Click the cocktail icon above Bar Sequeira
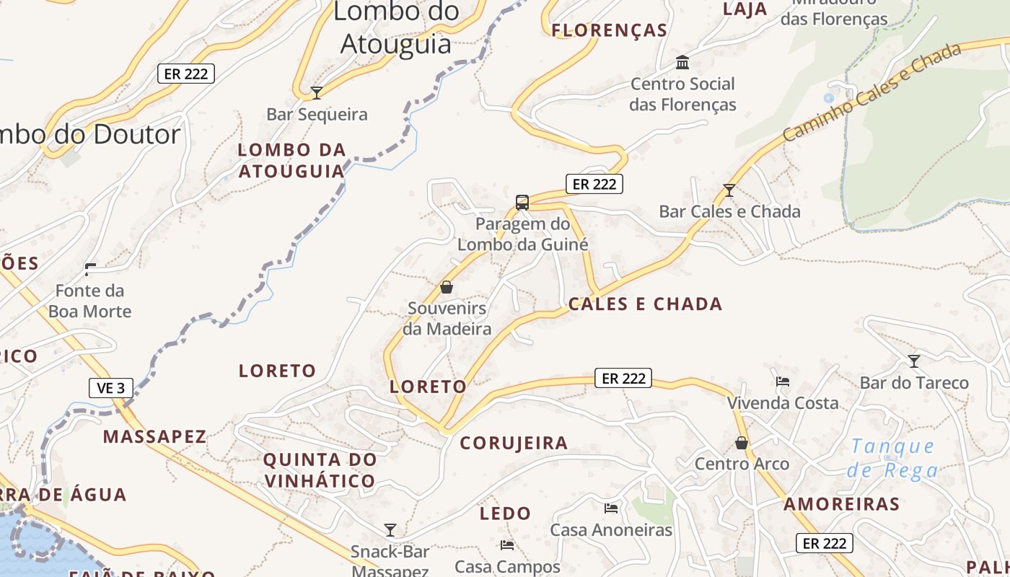(316, 92)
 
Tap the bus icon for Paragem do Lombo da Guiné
(522, 202)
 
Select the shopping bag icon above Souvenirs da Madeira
(447, 287)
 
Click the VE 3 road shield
(111, 388)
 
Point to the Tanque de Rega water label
(893, 459)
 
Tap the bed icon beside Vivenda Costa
(783, 381)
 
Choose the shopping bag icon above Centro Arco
(742, 442)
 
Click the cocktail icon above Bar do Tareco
(914, 361)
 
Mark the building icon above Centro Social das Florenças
(682, 63)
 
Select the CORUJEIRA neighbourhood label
(514, 443)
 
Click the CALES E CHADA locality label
(645, 304)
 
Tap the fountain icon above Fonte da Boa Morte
(90, 270)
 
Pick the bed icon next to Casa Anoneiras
(611, 508)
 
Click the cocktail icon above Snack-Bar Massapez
(390, 530)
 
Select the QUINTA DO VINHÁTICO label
(320, 470)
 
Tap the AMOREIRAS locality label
(841, 504)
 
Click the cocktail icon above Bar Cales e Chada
(729, 190)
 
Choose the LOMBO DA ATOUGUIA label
(292, 161)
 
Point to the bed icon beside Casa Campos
(507, 545)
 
